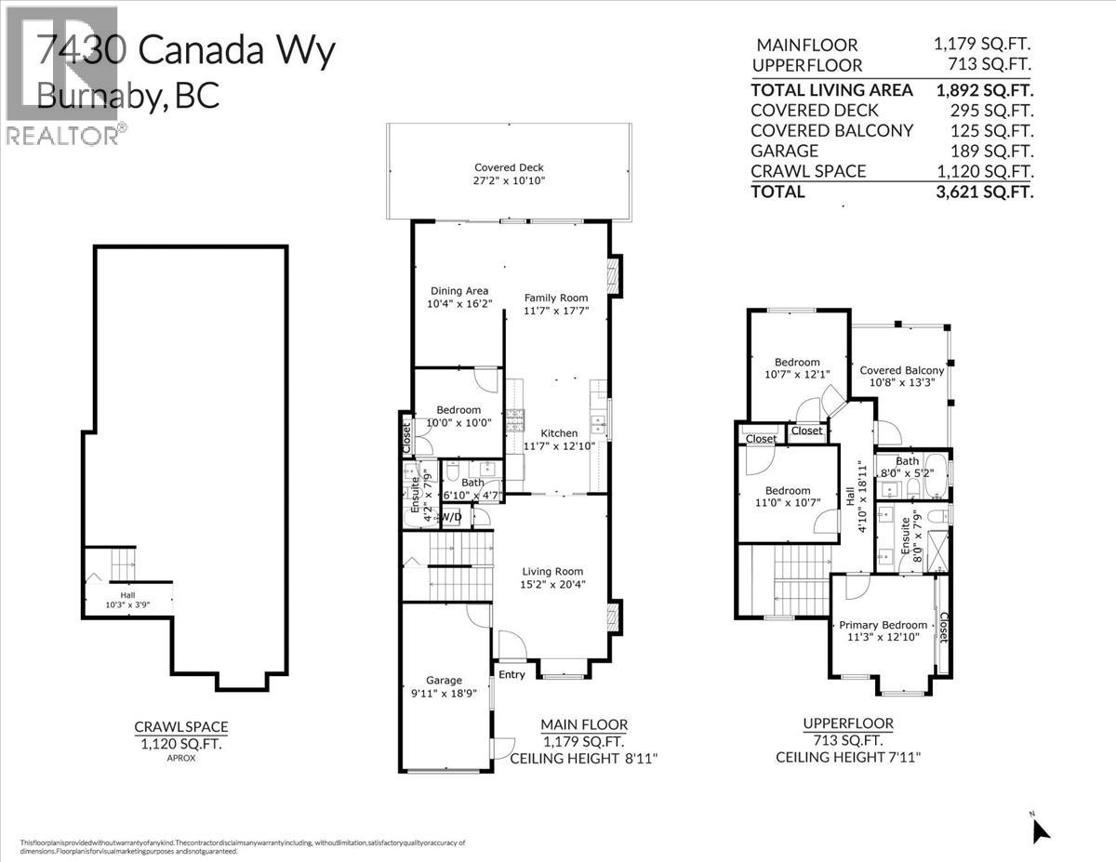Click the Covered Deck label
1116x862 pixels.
(x=509, y=167)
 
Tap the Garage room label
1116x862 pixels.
(x=444, y=680)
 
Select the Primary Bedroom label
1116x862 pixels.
(x=883, y=625)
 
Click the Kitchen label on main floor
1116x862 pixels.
(x=559, y=433)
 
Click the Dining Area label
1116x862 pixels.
(x=458, y=291)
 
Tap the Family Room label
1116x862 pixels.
(x=556, y=298)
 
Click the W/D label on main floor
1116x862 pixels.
(x=451, y=517)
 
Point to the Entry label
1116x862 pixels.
(x=511, y=674)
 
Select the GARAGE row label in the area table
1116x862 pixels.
(x=784, y=151)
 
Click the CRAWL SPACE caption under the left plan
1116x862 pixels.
(x=181, y=727)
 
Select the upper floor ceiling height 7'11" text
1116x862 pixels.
(x=847, y=758)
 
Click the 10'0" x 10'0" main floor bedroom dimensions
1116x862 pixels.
(x=454, y=423)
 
